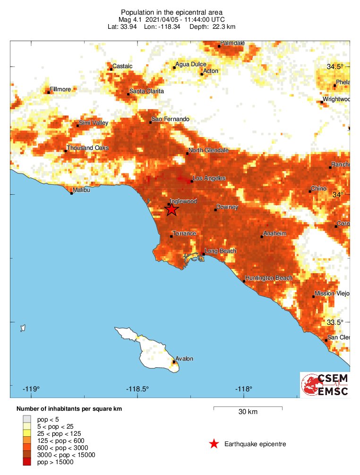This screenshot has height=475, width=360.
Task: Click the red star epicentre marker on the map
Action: [171, 209]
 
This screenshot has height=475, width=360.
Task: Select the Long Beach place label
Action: [221, 251]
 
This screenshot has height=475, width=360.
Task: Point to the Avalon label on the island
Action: [184, 359]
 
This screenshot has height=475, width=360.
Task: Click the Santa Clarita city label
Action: [147, 91]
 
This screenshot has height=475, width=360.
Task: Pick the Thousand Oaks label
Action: [88, 148]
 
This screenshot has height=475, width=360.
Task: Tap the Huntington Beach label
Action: [269, 278]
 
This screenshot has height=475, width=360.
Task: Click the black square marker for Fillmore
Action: [49, 93]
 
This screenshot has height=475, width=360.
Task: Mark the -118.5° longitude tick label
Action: [137, 389]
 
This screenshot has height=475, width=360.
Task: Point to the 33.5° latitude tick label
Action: [335, 322]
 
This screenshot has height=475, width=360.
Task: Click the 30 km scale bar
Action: [248, 407]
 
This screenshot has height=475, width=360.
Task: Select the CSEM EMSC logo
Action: [326, 385]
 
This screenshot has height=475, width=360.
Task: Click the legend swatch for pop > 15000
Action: [27, 462]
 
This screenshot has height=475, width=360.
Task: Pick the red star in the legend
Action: [214, 444]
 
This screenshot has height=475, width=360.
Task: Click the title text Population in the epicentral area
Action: [172, 12]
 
